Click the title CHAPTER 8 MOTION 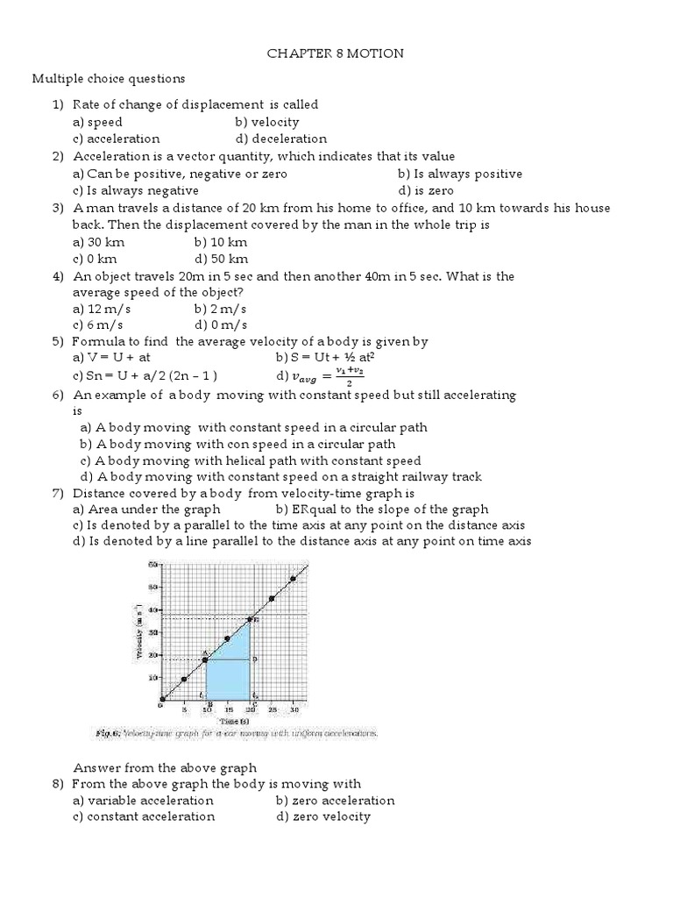click(x=336, y=53)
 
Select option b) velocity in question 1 click(x=266, y=122)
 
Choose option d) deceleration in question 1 click(x=280, y=139)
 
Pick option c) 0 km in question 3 click(x=95, y=259)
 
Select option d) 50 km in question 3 click(x=221, y=259)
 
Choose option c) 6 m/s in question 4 click(x=99, y=325)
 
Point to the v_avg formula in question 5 click(x=321, y=376)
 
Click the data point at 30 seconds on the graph click(x=294, y=578)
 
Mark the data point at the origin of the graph click(x=162, y=699)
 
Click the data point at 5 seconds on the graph click(x=184, y=679)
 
